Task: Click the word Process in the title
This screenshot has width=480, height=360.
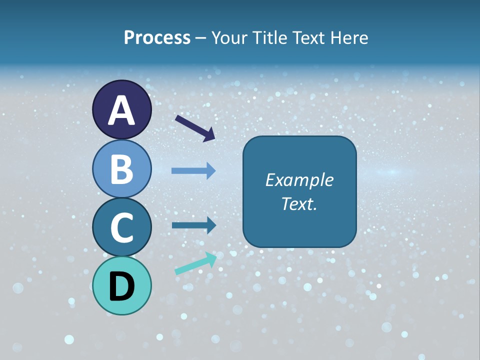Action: click(157, 37)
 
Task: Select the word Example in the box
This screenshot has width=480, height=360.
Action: click(299, 180)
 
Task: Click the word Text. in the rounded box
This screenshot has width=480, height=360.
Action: click(299, 203)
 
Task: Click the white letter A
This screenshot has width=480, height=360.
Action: click(121, 110)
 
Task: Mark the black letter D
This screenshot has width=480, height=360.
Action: click(122, 287)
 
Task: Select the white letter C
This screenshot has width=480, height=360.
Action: click(122, 227)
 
